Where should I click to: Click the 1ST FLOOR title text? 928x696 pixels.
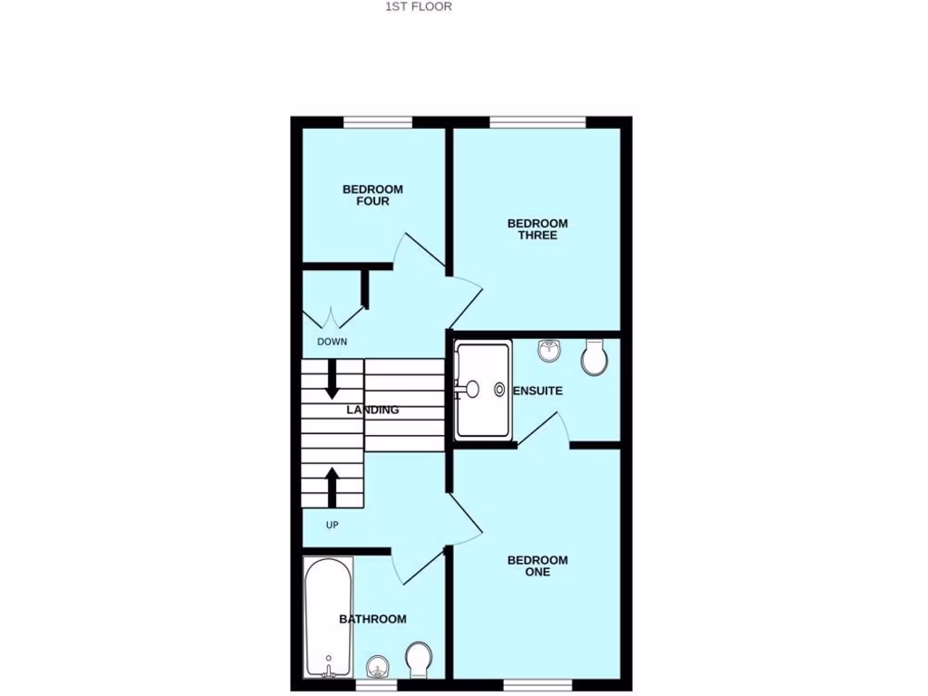coord(419,6)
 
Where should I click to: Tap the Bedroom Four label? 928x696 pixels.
coord(372,195)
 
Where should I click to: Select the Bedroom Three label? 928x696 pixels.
coord(537,229)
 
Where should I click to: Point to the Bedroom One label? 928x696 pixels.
coord(537,565)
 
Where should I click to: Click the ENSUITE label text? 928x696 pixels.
coord(538,391)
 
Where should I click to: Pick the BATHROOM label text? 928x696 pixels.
coord(372,619)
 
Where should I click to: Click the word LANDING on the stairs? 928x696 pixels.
coord(373,410)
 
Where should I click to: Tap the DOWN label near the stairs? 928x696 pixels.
coord(332,342)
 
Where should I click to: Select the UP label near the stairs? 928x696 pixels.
coord(332,524)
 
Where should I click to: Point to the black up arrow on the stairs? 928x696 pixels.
coord(332,487)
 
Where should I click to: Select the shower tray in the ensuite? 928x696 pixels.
coord(483,389)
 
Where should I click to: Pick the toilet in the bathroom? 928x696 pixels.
coord(420,659)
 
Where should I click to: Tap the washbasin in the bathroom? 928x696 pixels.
coord(379,667)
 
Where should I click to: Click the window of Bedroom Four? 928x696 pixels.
coord(378,121)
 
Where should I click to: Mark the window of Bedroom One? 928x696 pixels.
coord(538,683)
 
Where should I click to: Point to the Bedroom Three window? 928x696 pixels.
coord(537,121)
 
